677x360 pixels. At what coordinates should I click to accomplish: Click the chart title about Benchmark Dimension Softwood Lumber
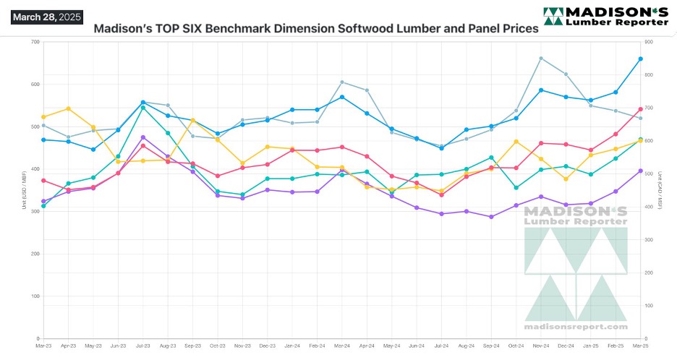click(x=316, y=29)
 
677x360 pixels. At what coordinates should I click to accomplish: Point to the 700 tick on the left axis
click(x=34, y=42)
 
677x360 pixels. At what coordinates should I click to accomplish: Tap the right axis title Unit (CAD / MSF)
click(x=660, y=190)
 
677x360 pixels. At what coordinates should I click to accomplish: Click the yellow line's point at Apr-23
click(x=68, y=108)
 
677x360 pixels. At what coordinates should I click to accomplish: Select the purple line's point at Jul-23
click(x=143, y=137)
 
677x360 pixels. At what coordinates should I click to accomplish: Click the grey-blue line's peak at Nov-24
click(x=541, y=58)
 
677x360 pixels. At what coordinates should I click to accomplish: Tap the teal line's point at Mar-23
click(x=43, y=206)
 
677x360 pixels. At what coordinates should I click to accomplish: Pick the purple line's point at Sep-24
click(x=491, y=217)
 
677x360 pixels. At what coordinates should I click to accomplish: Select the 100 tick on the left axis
click(x=34, y=296)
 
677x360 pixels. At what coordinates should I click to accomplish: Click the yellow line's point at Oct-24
click(x=516, y=141)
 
